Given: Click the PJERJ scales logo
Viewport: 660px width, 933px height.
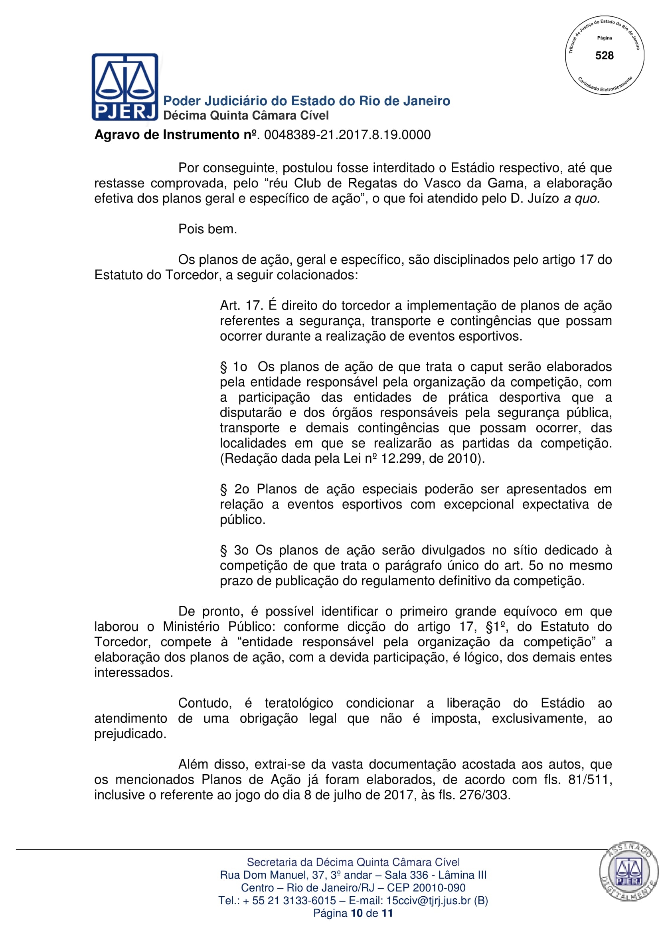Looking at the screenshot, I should pyautogui.click(x=125, y=87).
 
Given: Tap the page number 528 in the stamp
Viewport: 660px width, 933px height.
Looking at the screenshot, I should pyautogui.click(x=604, y=56).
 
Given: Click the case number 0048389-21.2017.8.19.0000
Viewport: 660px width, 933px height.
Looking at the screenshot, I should pyautogui.click(x=347, y=135).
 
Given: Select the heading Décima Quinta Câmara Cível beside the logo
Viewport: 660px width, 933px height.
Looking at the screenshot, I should pyautogui.click(x=245, y=116).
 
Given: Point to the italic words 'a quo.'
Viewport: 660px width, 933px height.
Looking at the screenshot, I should pyautogui.click(x=581, y=199).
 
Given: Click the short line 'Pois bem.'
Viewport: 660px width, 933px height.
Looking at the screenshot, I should pyautogui.click(x=207, y=229).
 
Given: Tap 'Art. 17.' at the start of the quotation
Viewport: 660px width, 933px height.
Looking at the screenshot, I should pyautogui.click(x=241, y=306).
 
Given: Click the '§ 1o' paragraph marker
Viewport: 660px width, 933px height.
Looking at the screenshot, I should pyautogui.click(x=234, y=367).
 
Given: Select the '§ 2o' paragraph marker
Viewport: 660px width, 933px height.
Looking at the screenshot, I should pyautogui.click(x=235, y=489).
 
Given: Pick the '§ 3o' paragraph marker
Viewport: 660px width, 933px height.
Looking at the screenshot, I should pyautogui.click(x=234, y=550).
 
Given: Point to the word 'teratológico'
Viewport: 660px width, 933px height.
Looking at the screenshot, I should pyautogui.click(x=299, y=703).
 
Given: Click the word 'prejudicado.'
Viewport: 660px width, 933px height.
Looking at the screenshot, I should pyautogui.click(x=130, y=734).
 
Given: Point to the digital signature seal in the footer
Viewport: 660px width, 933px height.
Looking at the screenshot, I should pyautogui.click(x=628, y=871).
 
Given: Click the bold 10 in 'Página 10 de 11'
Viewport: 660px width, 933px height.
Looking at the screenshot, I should pyautogui.click(x=356, y=913).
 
